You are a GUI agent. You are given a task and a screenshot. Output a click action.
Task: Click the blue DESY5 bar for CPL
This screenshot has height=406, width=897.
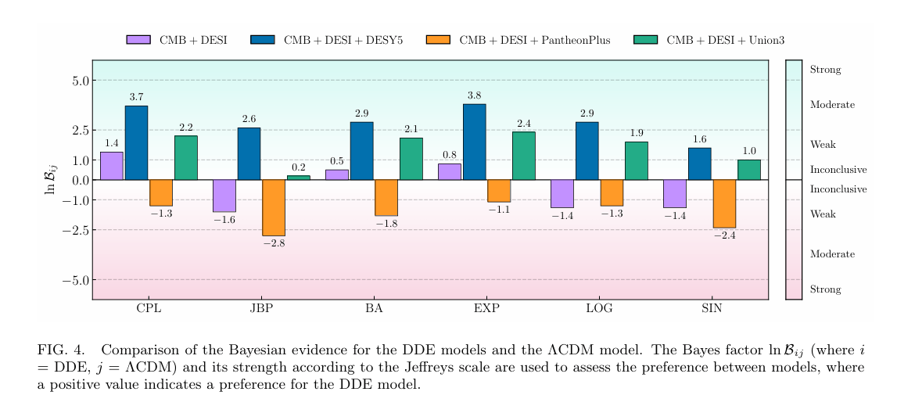(x=136, y=142)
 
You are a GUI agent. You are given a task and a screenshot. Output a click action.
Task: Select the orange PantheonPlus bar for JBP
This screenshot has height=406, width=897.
(x=274, y=207)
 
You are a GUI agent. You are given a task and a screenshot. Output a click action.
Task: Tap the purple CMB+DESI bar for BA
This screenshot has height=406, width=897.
(x=336, y=174)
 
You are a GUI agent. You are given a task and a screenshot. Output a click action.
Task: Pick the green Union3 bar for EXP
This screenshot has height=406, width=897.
(x=523, y=156)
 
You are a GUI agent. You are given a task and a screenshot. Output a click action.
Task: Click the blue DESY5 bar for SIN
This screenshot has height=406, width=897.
(x=699, y=163)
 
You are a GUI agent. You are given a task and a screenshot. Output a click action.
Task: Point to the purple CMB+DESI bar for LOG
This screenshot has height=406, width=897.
(x=562, y=193)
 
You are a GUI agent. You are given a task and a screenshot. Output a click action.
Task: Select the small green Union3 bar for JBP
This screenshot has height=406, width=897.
(x=299, y=178)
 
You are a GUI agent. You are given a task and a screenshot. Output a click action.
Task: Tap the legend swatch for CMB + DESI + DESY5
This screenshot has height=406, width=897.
(x=262, y=39)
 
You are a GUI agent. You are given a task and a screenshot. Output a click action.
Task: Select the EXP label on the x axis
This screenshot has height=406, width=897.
(x=486, y=309)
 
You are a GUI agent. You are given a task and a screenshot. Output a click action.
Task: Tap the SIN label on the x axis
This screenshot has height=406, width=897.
(x=711, y=309)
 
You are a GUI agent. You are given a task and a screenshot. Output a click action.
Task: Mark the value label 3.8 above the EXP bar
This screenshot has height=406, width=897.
(x=474, y=96)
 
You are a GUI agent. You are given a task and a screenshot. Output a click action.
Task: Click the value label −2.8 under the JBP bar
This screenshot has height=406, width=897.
(x=274, y=244)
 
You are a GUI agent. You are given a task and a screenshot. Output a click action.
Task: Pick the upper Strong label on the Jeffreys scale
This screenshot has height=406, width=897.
(x=825, y=70)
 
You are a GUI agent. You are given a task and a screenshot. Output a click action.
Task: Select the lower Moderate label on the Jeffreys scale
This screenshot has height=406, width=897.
(x=832, y=254)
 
